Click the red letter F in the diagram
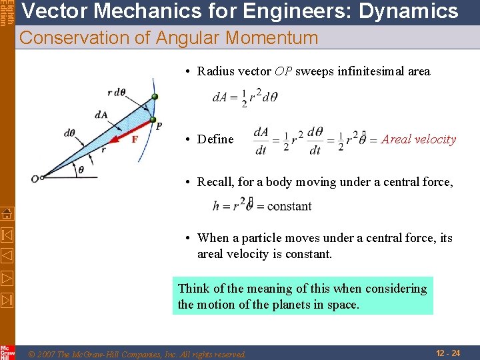[135, 139]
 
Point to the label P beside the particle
[159, 125]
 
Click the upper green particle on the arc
[155, 97]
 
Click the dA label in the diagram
[101, 115]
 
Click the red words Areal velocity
[419, 139]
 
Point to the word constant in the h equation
[289, 206]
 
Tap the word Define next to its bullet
[215, 139]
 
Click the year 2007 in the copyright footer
[47, 354]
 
